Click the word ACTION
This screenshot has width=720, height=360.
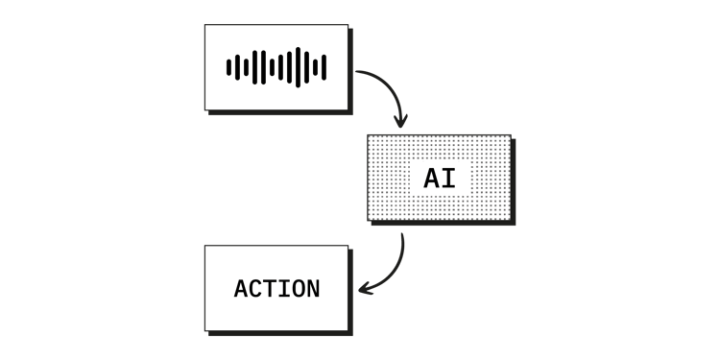click(x=276, y=289)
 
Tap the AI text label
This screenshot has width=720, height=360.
click(x=440, y=179)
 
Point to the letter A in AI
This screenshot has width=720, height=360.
click(x=432, y=179)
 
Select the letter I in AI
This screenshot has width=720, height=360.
click(x=448, y=179)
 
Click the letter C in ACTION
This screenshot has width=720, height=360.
click(x=255, y=289)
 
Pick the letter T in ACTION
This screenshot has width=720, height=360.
click(x=270, y=289)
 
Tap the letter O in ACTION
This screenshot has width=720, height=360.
click(x=299, y=289)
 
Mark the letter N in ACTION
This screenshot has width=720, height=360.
click(x=313, y=289)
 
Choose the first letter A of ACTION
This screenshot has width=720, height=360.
click(x=241, y=289)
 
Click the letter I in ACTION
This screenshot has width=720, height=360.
click(x=284, y=289)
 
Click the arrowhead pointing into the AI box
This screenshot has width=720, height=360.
click(x=400, y=122)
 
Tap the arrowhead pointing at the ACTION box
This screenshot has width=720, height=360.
click(x=363, y=288)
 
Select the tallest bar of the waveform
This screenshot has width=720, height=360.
click(x=298, y=67)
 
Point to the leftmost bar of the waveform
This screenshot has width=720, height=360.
click(x=228, y=67)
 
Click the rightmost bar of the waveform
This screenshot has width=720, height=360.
click(x=324, y=67)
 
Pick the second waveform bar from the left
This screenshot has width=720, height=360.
click(x=235, y=67)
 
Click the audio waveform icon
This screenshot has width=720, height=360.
click(x=276, y=67)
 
